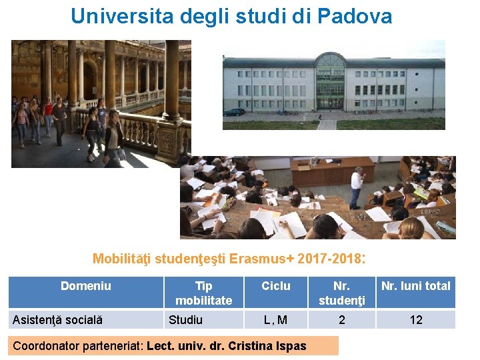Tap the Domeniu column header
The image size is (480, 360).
[86, 286]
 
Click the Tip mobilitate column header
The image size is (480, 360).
[204, 293]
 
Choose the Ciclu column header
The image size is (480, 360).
[276, 286]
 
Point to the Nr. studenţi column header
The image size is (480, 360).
[342, 293]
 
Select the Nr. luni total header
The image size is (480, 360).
[416, 286]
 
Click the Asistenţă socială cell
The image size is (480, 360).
[58, 320]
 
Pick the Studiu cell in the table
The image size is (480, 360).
[186, 320]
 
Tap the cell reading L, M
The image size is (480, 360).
[276, 320]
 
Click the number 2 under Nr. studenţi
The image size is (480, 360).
[342, 320]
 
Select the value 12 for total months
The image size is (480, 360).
[416, 320]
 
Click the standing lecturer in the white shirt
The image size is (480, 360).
[357, 186]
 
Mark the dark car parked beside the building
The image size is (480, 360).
[234, 112]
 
